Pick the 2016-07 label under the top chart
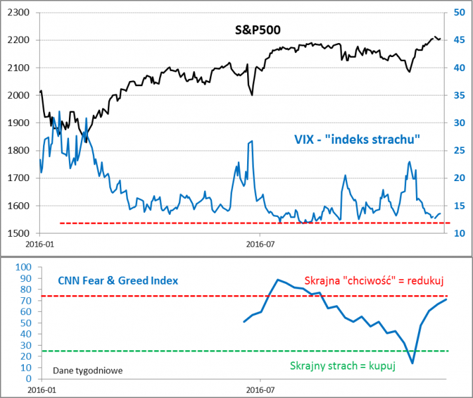click(260, 245)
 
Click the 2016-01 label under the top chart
click(39, 245)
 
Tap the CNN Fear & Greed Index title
click(118, 281)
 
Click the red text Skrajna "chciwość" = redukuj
click(374, 281)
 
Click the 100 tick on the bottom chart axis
click(23, 267)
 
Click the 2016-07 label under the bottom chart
click(260, 389)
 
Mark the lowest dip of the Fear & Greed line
click(412, 363)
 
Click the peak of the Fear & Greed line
click(278, 280)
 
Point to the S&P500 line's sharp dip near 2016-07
click(252, 95)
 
